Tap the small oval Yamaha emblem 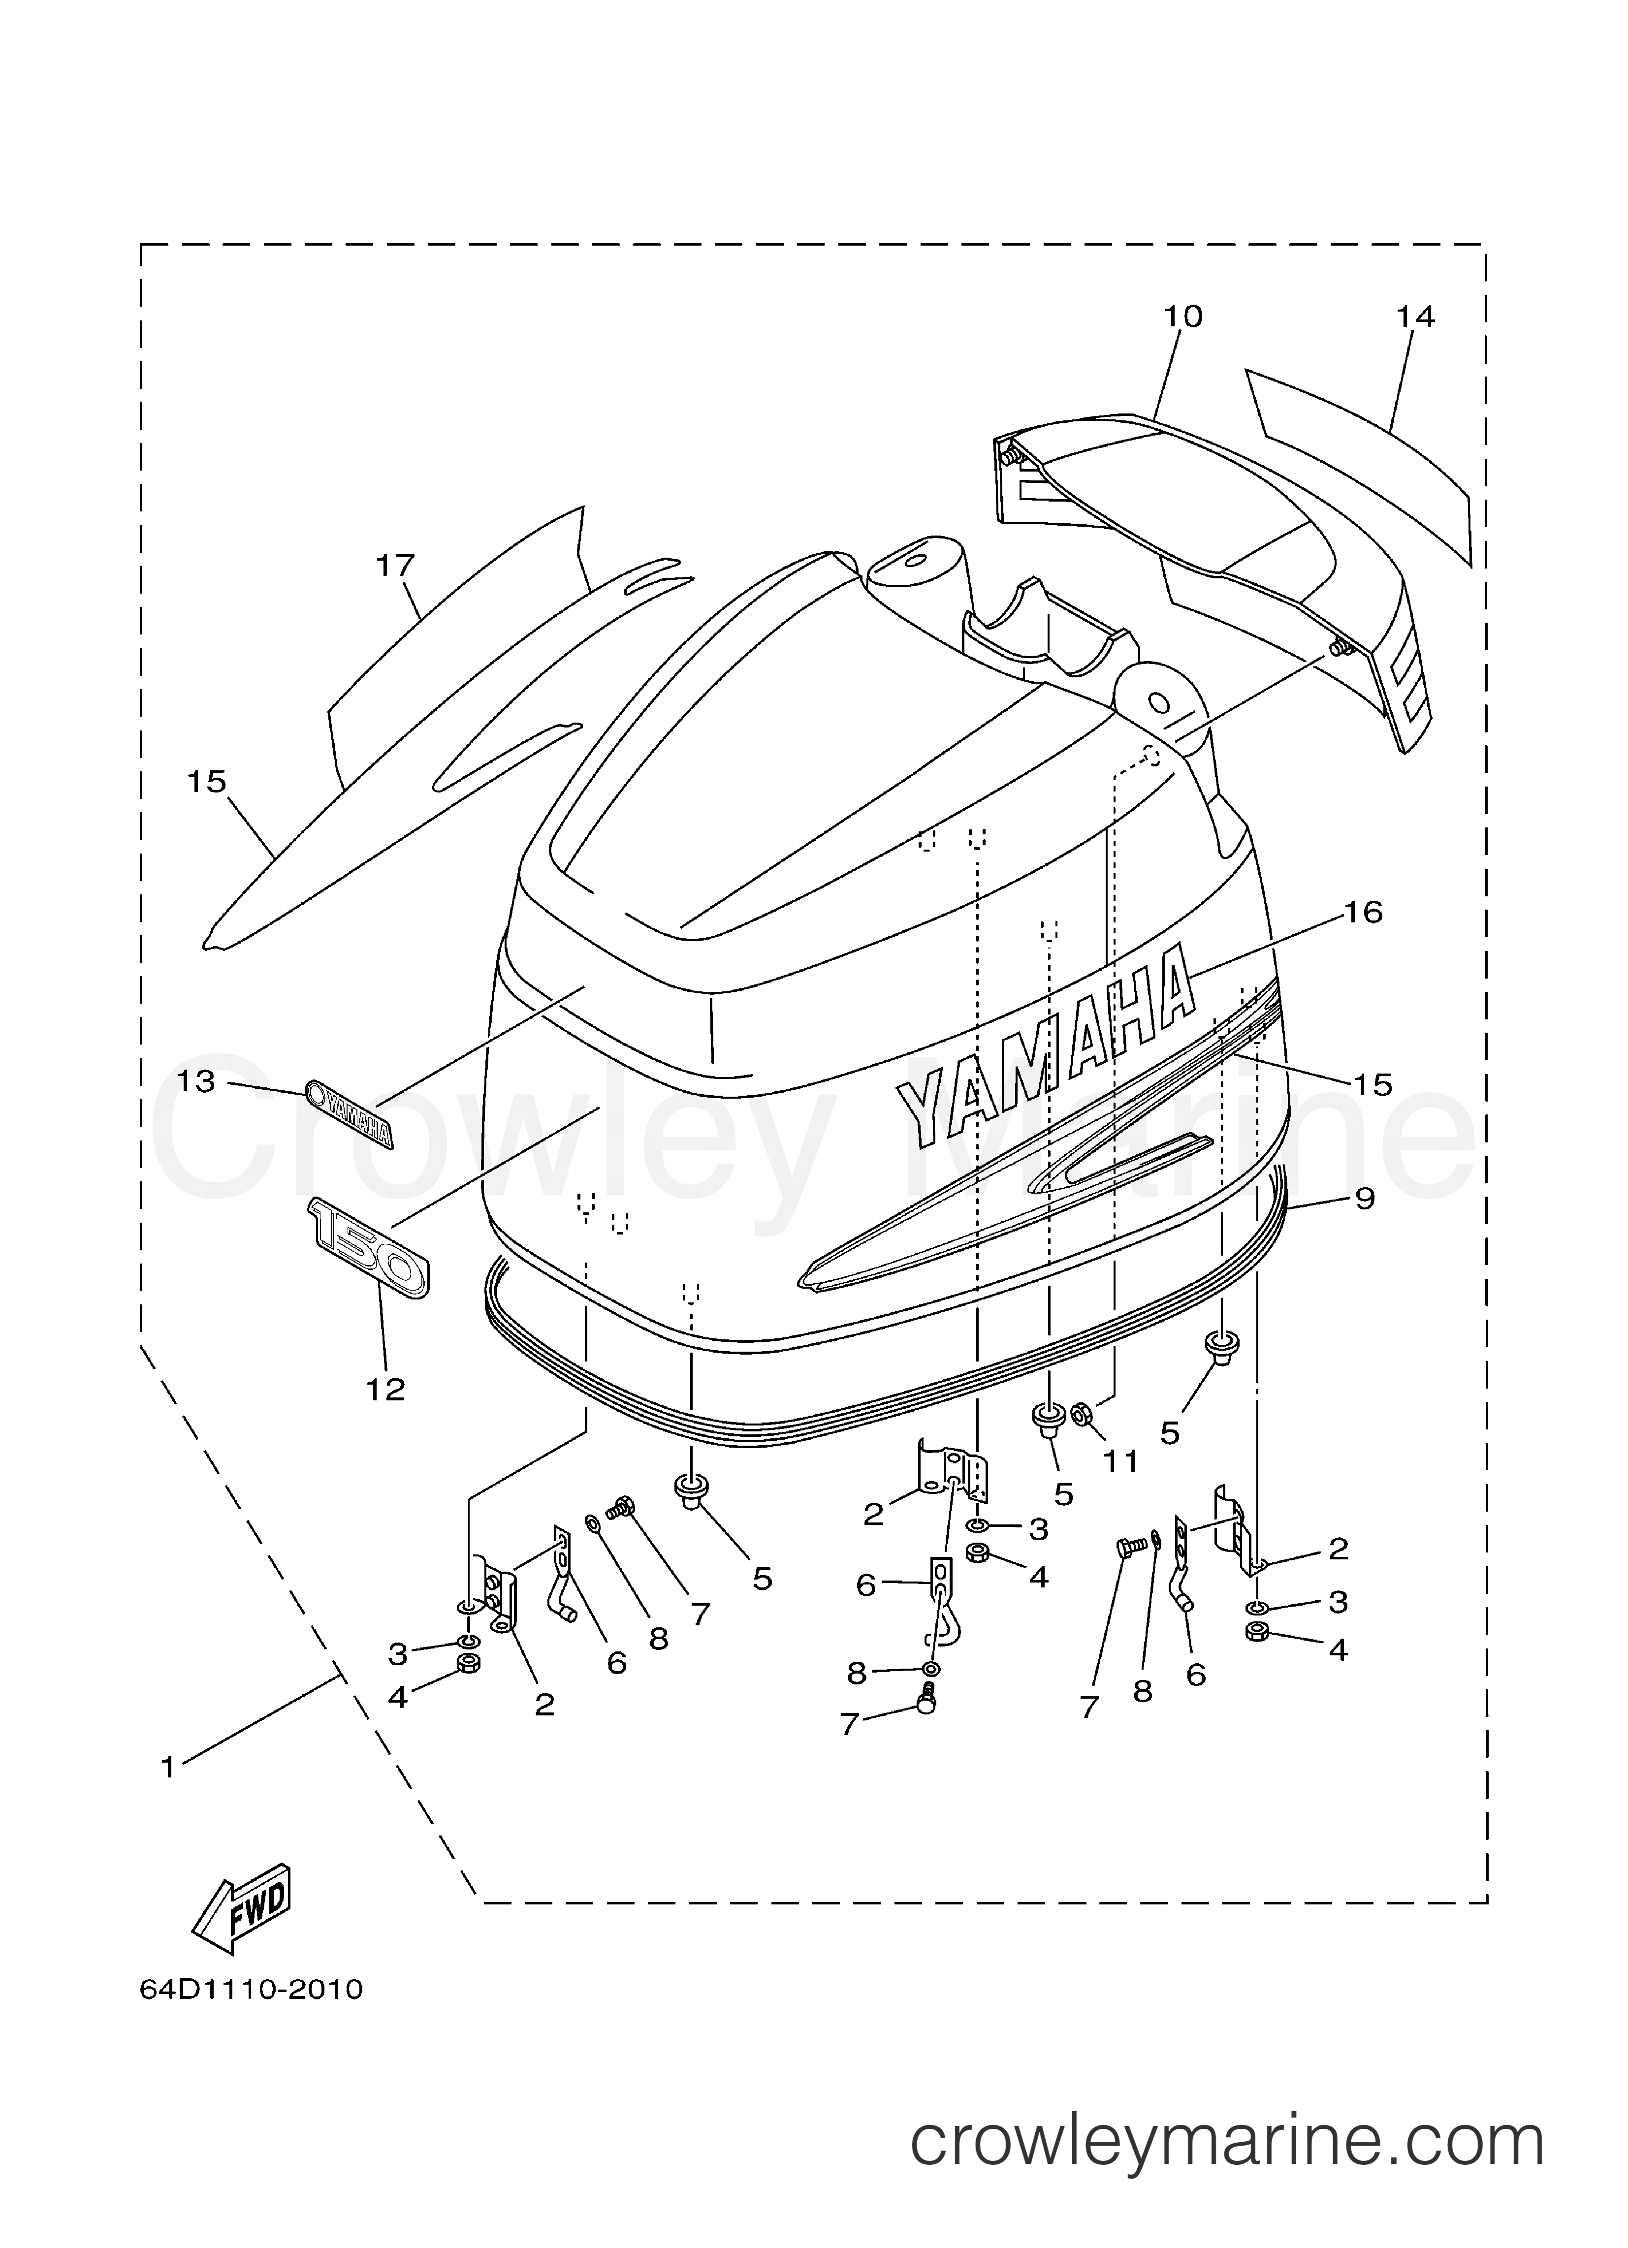[x=349, y=1112]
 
